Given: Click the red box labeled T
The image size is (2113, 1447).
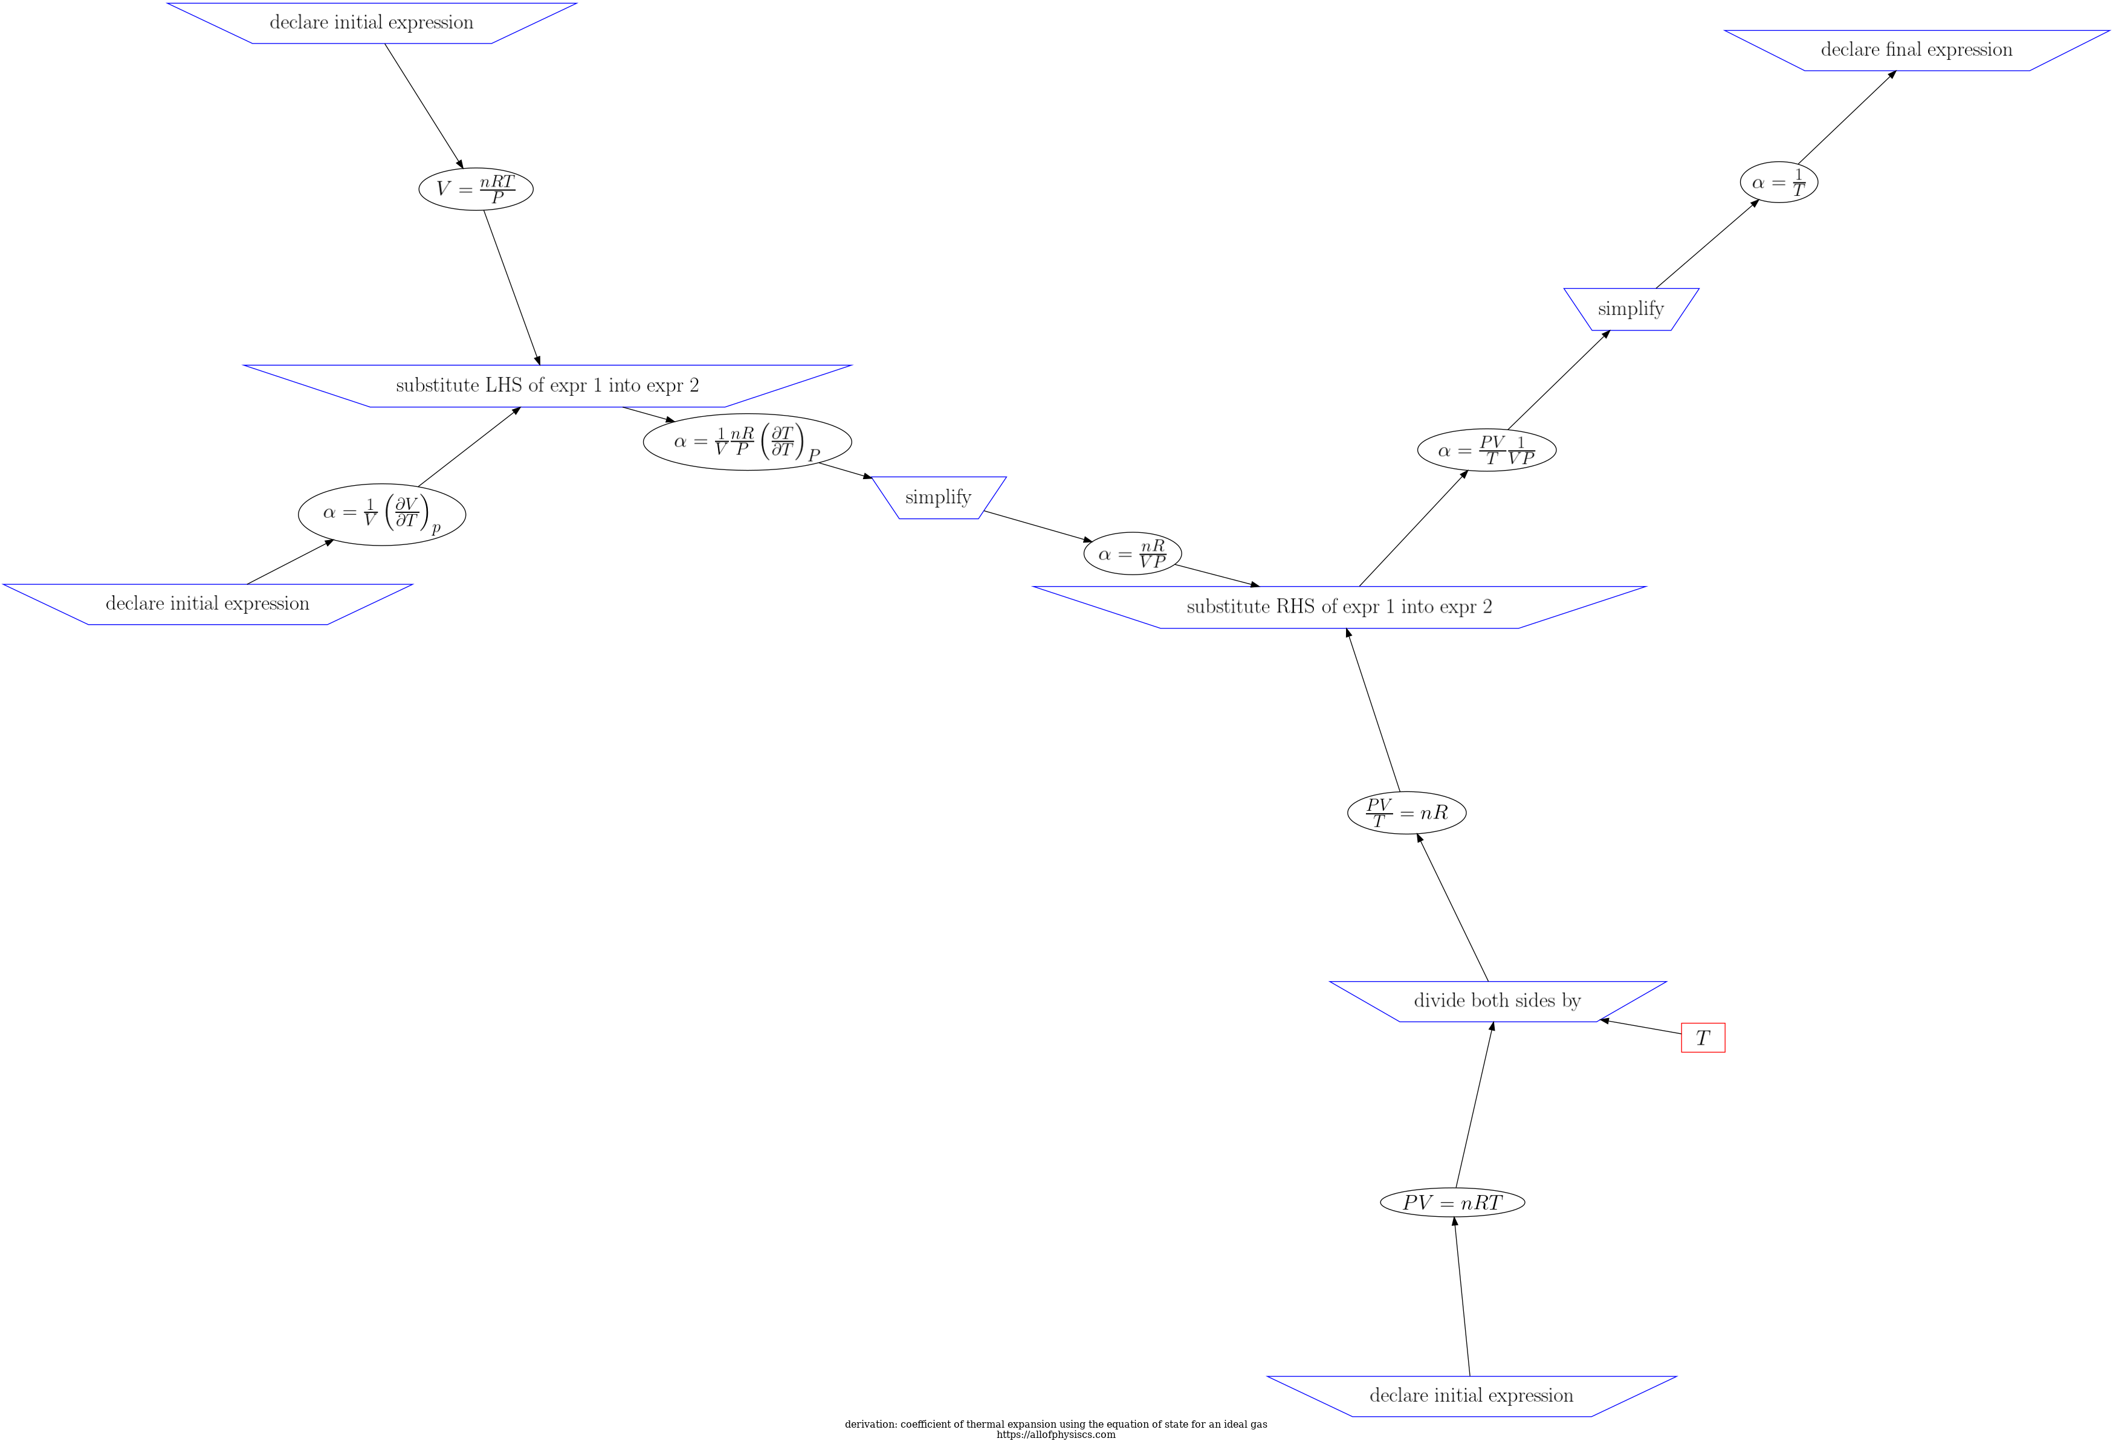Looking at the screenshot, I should (x=1702, y=1037).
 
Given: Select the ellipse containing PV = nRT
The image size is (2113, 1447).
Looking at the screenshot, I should (x=1452, y=1202).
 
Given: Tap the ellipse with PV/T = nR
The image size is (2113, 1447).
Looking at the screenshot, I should (x=1406, y=811).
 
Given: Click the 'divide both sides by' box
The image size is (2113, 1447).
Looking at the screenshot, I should (x=1497, y=1001).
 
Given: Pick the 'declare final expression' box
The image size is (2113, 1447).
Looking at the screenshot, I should (x=1916, y=50).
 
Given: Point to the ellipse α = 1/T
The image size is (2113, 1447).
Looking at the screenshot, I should (x=1778, y=182).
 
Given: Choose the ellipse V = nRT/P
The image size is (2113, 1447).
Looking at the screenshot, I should (x=476, y=189).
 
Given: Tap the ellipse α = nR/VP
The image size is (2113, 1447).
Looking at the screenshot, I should (x=1132, y=553).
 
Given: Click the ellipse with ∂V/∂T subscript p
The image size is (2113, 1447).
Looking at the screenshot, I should (x=382, y=514).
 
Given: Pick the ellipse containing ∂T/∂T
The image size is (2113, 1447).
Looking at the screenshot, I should (x=748, y=442).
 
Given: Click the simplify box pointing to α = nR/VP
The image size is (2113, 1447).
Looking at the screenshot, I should (x=938, y=497).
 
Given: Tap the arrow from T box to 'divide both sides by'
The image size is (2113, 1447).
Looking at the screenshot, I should (x=1641, y=1027).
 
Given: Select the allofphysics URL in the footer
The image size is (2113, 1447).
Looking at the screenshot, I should (x=1055, y=1435).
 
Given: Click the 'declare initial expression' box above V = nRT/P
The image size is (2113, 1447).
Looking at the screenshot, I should (x=372, y=23).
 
